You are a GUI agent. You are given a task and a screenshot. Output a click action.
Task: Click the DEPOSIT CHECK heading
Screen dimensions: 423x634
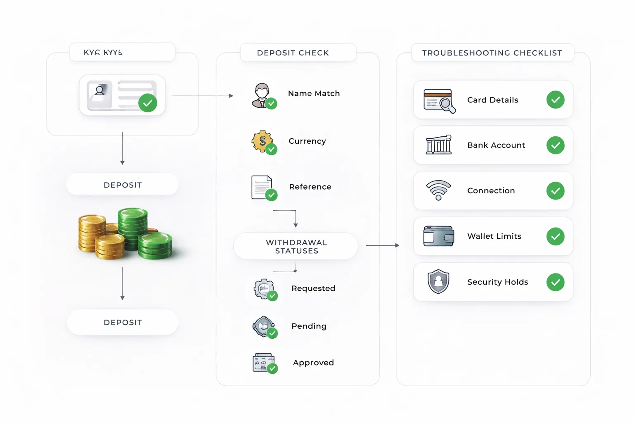click(293, 53)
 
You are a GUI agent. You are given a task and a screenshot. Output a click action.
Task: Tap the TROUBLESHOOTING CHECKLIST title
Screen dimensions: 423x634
click(492, 53)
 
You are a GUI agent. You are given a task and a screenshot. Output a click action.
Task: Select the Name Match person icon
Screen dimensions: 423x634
click(262, 95)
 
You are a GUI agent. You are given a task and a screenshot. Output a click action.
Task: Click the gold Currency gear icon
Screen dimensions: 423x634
click(262, 142)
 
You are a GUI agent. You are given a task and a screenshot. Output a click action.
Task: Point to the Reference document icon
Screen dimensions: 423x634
click(262, 187)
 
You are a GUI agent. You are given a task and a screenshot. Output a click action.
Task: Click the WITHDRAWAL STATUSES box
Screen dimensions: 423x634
click(296, 247)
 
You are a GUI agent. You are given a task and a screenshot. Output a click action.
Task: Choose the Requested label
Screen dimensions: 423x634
click(313, 288)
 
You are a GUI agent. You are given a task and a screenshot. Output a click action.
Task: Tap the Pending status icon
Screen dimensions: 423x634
click(264, 327)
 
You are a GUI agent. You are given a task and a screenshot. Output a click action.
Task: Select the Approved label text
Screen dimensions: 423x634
click(313, 363)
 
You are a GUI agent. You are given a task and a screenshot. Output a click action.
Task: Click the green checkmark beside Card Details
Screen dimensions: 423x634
click(555, 100)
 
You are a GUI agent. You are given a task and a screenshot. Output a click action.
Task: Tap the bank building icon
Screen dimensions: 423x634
click(438, 145)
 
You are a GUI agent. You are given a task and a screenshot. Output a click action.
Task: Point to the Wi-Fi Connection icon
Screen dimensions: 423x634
click(438, 190)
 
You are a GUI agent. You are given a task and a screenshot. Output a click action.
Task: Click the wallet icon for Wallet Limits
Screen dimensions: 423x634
click(438, 236)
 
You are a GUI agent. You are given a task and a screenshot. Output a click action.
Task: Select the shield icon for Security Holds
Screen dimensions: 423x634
click(438, 282)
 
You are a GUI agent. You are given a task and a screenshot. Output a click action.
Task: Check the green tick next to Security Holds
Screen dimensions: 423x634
click(555, 282)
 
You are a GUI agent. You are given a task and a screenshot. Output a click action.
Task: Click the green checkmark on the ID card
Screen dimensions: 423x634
click(147, 103)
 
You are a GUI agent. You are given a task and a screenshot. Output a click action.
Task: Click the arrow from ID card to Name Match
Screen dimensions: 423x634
click(202, 96)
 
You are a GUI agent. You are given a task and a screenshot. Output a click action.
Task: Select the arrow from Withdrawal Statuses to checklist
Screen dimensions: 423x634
click(382, 245)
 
